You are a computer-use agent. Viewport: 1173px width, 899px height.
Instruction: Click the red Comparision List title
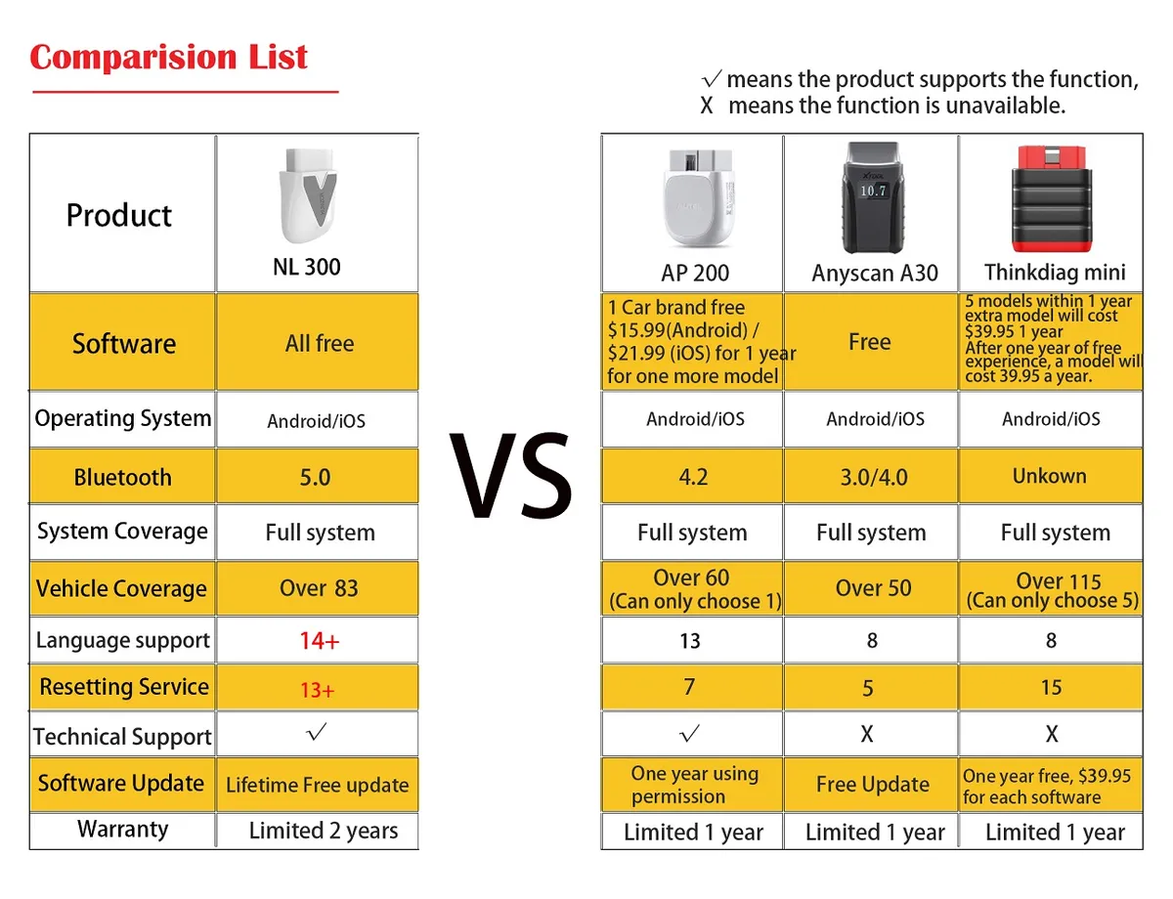(x=168, y=57)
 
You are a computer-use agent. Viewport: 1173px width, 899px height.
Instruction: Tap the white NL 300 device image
(x=308, y=195)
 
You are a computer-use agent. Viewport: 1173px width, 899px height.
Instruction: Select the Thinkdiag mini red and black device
(x=1052, y=198)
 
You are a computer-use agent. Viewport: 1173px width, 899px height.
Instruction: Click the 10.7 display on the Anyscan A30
(x=873, y=191)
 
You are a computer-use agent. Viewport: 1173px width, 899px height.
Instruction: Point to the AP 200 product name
(x=695, y=273)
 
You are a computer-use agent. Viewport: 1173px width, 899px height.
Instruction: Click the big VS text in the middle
(x=510, y=476)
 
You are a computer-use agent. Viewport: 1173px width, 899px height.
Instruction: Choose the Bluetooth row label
(x=122, y=478)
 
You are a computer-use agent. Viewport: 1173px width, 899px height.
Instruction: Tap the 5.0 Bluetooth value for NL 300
(x=316, y=478)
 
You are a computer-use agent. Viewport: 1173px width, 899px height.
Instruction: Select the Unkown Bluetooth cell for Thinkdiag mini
(x=1050, y=476)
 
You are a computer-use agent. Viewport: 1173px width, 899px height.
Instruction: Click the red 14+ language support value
(x=320, y=641)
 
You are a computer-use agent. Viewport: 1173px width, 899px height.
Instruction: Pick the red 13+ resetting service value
(x=318, y=690)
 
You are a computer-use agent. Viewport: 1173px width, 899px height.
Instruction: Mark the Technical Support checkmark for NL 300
(x=317, y=732)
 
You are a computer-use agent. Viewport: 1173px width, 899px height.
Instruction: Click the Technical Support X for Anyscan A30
(x=867, y=734)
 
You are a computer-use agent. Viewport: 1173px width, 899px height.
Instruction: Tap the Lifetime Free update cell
(x=318, y=785)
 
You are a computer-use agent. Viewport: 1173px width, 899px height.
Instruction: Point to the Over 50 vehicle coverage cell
(x=874, y=588)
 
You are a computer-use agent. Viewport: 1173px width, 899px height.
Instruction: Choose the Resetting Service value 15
(x=1051, y=688)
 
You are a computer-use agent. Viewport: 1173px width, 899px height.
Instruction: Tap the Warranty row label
(x=122, y=829)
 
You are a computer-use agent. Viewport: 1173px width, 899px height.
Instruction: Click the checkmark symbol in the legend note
(x=712, y=79)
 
